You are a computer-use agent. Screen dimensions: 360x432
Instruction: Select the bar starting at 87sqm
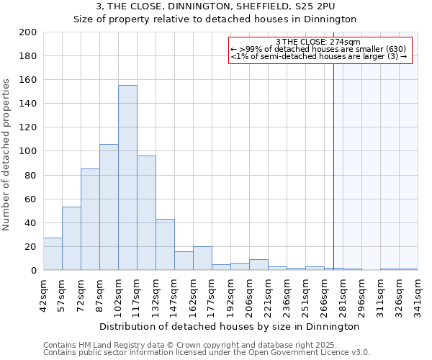pyautogui.click(x=109, y=207)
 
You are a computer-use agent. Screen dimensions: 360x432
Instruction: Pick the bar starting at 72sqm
pyautogui.click(x=90, y=220)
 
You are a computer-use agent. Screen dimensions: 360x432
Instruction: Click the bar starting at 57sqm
pyautogui.click(x=71, y=238)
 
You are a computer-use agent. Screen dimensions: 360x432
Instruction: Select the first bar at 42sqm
pyautogui.click(x=53, y=254)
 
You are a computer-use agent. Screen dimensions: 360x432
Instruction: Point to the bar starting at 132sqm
pyautogui.click(x=165, y=245)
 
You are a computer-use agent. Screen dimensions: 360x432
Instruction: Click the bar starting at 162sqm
pyautogui.click(x=202, y=258)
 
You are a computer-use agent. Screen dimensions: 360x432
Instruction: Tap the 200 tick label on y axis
pyautogui.click(x=28, y=32)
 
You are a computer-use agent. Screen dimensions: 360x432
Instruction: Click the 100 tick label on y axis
pyautogui.click(x=28, y=151)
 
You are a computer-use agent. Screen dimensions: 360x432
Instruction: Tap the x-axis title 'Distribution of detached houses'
pyautogui.click(x=230, y=326)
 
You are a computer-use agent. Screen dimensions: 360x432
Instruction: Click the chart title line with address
pyautogui.click(x=215, y=6)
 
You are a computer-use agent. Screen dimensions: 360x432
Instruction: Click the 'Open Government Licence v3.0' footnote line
pyautogui.click(x=207, y=353)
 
